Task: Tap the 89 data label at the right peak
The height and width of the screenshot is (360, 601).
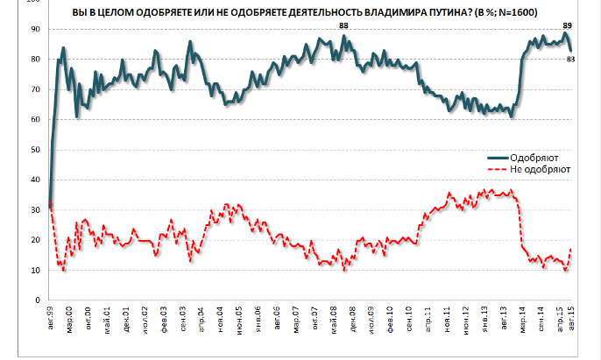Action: coord(568,26)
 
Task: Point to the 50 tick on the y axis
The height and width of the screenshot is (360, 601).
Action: coord(35,150)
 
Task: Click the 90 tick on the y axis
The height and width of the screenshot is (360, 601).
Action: coord(35,29)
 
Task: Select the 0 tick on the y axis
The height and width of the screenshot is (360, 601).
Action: coord(38,300)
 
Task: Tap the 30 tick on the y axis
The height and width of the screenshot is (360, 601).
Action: coord(35,210)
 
